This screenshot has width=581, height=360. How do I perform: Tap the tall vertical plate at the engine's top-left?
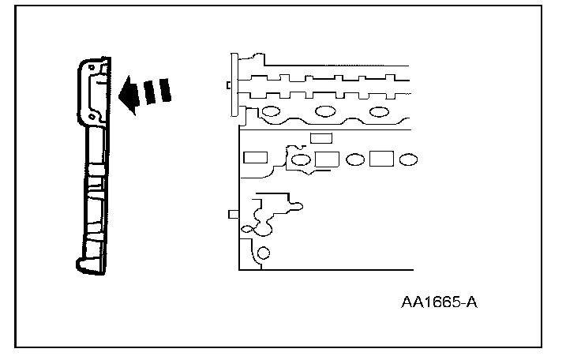tap(234, 85)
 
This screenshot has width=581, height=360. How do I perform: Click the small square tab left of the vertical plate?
tap(227, 85)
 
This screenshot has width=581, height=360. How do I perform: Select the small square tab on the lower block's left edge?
tap(232, 213)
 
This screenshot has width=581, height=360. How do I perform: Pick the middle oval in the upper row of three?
tap(324, 111)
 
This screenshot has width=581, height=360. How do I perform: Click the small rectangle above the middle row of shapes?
tap(320, 138)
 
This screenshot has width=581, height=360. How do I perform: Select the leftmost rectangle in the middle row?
tap(255, 157)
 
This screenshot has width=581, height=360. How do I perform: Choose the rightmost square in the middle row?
tap(381, 159)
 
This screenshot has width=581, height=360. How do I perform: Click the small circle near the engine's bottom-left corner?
tap(263, 253)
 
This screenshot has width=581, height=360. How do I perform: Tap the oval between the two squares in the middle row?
tap(354, 159)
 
